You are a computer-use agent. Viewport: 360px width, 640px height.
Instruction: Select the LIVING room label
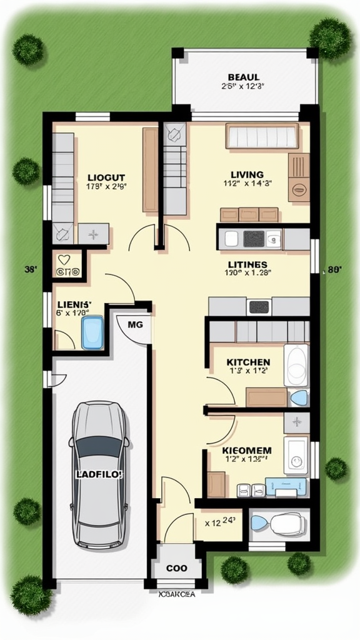click(247, 174)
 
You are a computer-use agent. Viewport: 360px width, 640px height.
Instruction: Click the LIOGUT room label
click(106, 177)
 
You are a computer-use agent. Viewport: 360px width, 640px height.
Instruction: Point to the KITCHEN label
click(248, 362)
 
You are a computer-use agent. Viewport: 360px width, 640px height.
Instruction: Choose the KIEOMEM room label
click(247, 449)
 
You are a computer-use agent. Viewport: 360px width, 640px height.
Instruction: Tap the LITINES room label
click(248, 264)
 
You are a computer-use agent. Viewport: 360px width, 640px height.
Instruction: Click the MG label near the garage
click(135, 324)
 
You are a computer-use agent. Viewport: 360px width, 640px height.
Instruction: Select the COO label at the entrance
click(177, 569)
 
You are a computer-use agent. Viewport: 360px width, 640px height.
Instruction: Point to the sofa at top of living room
click(262, 136)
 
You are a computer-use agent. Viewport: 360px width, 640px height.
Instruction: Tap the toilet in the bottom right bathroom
click(286, 522)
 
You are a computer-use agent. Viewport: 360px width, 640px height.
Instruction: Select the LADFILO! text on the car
click(99, 474)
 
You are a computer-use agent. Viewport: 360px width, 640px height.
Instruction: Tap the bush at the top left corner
click(28, 49)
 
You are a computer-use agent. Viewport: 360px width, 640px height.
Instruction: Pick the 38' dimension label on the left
click(31, 269)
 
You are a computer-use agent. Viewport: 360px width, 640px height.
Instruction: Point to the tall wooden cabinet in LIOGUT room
click(150, 169)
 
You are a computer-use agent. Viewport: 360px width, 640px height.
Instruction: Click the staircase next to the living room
click(175, 169)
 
